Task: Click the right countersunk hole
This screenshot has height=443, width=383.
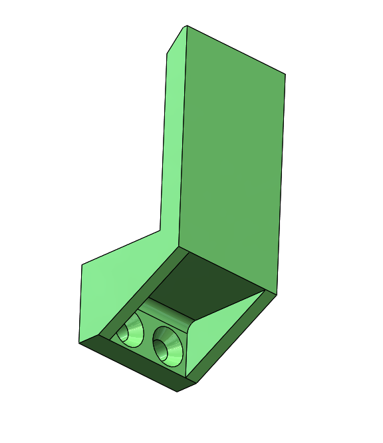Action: (x=168, y=345)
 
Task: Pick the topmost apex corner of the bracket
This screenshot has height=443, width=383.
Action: (x=186, y=26)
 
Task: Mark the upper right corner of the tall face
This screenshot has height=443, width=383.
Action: (x=285, y=73)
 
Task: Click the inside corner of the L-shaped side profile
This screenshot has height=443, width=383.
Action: (x=160, y=230)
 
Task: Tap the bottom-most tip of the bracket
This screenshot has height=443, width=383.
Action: (x=178, y=392)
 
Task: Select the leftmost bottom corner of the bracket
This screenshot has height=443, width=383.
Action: (x=79, y=343)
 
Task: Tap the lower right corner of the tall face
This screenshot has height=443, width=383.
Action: (x=277, y=292)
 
